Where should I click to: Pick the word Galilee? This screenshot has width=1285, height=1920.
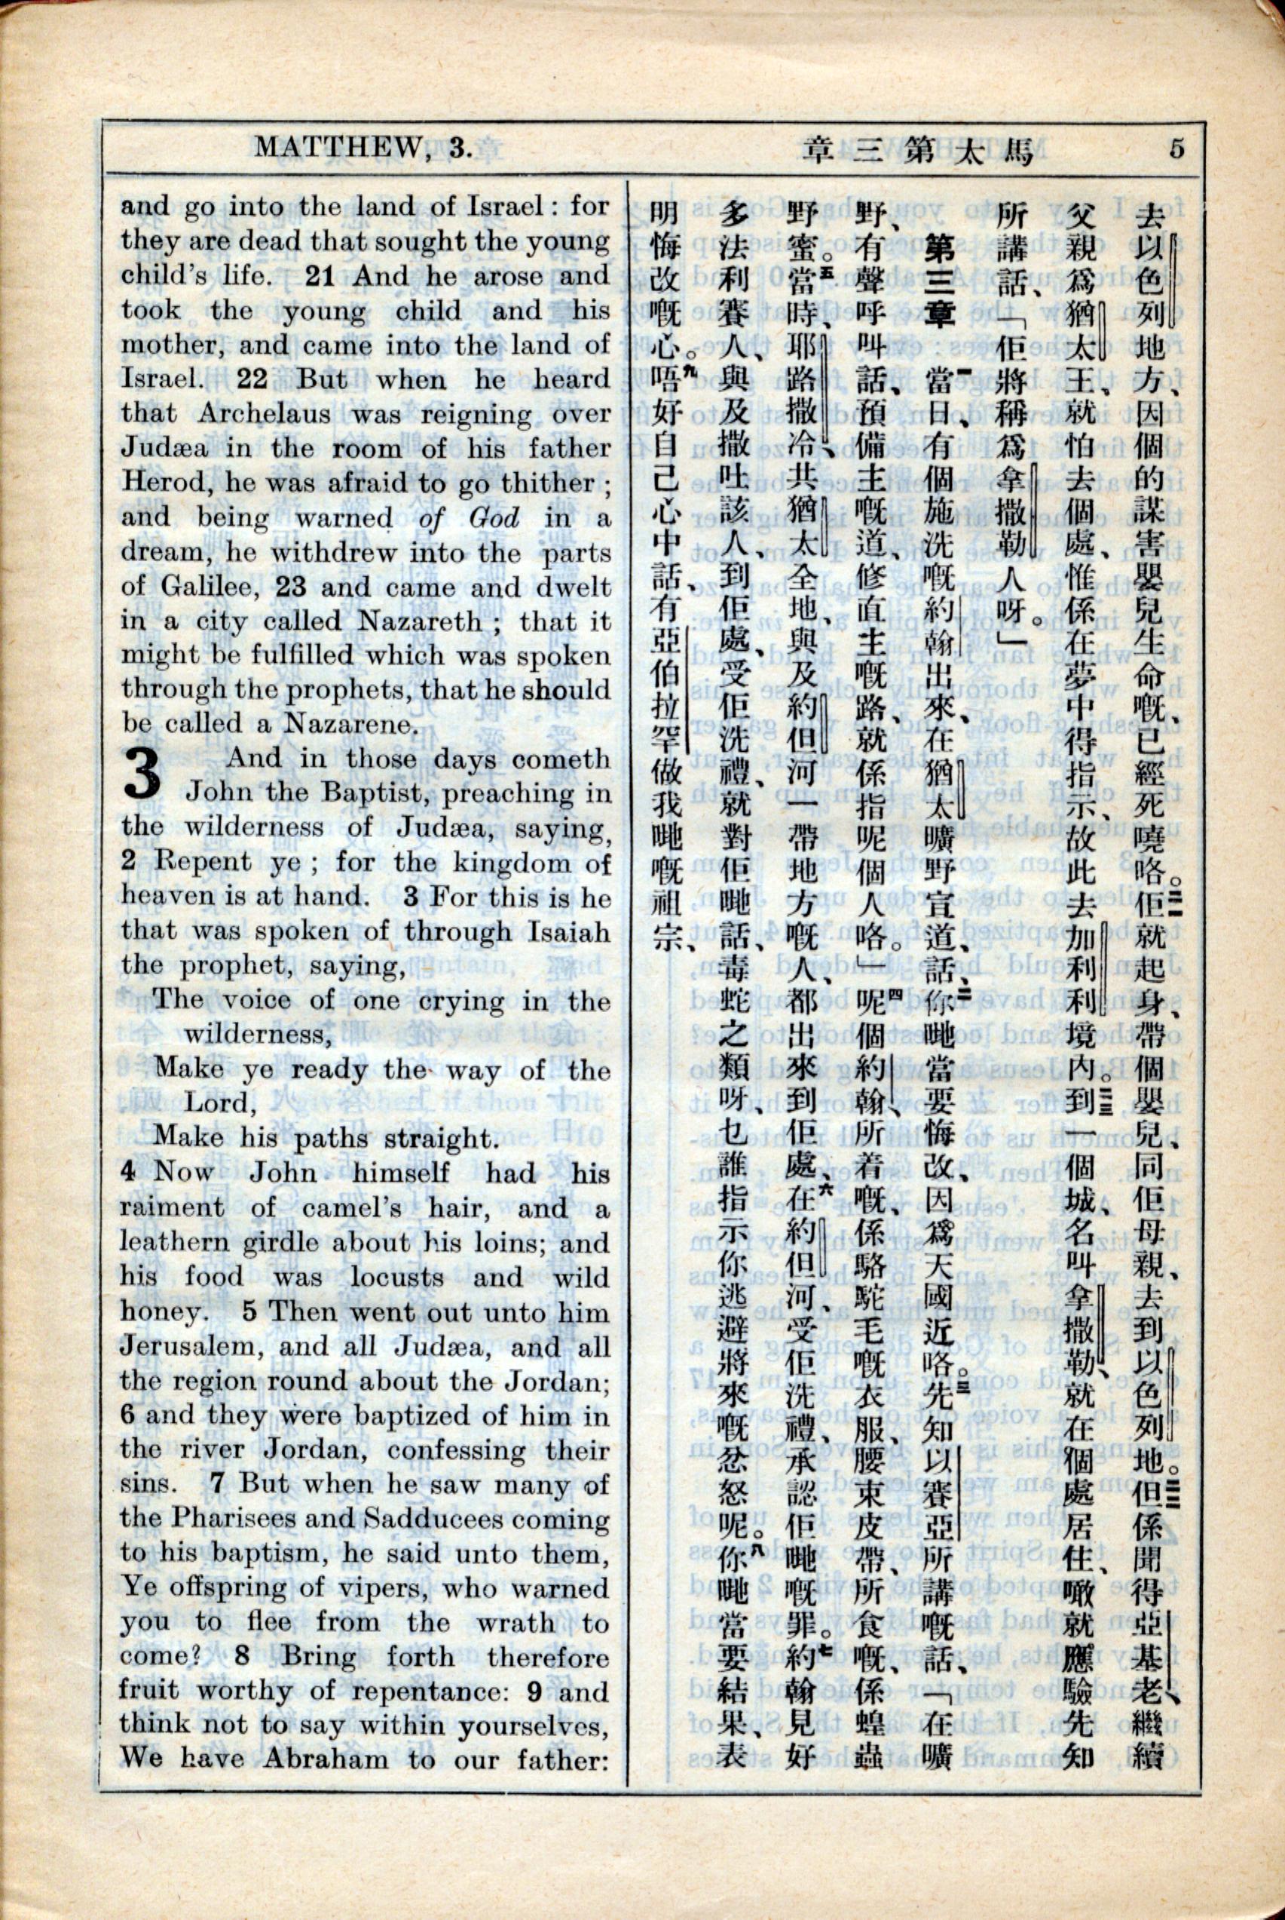pos(200,586)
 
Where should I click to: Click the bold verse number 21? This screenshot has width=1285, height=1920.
pos(320,276)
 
